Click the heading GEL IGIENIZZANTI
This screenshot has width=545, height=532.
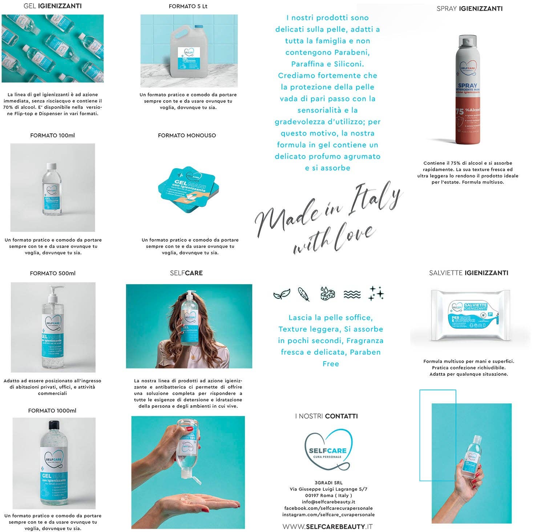point(52,6)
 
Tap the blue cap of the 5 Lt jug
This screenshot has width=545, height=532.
point(198,27)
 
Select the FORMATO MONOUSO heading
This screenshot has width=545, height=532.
point(187,136)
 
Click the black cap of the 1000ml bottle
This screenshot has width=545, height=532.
point(54,424)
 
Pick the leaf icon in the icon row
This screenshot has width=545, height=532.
point(282,294)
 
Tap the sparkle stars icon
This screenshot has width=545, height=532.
point(376,293)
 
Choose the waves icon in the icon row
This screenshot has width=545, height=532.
point(352,294)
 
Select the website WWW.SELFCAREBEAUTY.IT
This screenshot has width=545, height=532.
point(327,526)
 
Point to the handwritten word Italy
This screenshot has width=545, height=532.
point(374,198)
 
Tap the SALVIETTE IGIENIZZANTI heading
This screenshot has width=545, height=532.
point(468,273)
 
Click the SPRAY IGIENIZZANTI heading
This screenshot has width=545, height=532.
point(469,9)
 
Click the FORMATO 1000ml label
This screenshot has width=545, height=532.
point(52,411)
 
